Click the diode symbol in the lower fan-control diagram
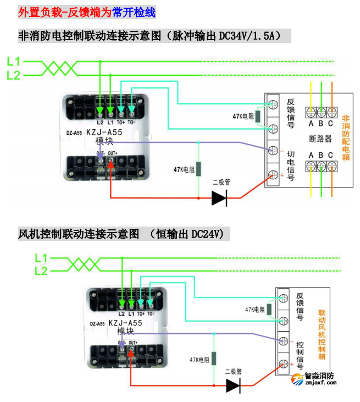(x=234, y=386)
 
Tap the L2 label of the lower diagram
(x=41, y=271)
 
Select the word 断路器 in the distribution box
(x=320, y=139)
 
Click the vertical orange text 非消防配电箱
(x=346, y=137)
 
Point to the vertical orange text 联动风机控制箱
(x=322, y=333)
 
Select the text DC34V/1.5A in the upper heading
(x=249, y=36)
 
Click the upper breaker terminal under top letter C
(x=331, y=112)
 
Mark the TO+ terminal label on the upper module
(x=120, y=122)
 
